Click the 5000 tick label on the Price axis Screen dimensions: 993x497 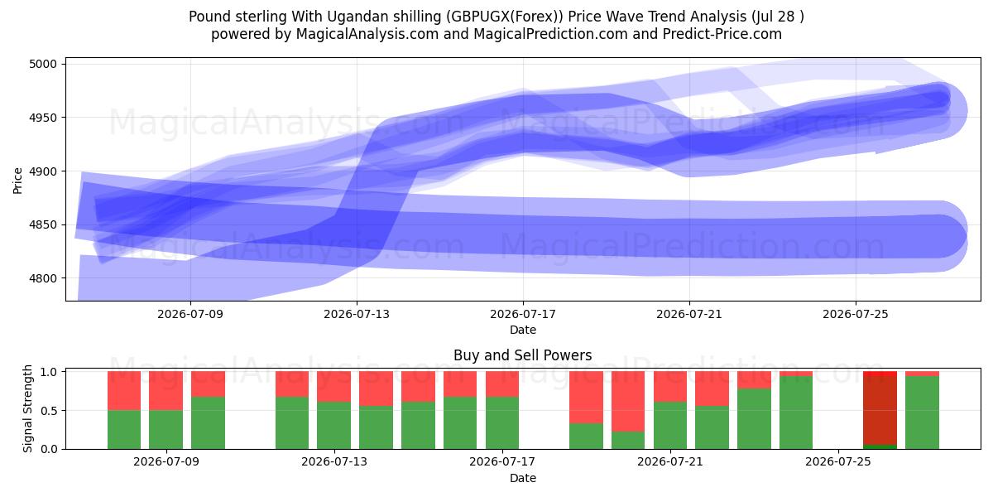[x=43, y=64]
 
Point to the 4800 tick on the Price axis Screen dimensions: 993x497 [x=43, y=278]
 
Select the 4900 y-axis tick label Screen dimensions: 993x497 [x=43, y=171]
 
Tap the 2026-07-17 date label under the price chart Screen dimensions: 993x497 [x=523, y=314]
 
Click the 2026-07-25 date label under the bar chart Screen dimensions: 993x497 [x=837, y=461]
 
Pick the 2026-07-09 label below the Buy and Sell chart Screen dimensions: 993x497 [x=166, y=461]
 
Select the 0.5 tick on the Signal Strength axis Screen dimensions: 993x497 [x=49, y=411]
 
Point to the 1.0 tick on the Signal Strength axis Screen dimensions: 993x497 [x=49, y=372]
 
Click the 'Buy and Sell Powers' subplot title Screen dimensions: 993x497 [x=523, y=355]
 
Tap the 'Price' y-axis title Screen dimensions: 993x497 [x=17, y=181]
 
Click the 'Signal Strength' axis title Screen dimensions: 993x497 [x=27, y=408]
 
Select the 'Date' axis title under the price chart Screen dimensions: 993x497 [x=523, y=330]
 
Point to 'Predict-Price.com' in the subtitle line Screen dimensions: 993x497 [x=722, y=34]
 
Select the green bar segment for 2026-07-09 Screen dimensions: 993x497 [x=165, y=430]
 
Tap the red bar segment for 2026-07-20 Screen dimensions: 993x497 [x=628, y=402]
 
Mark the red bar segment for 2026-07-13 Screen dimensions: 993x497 [x=333, y=387]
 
